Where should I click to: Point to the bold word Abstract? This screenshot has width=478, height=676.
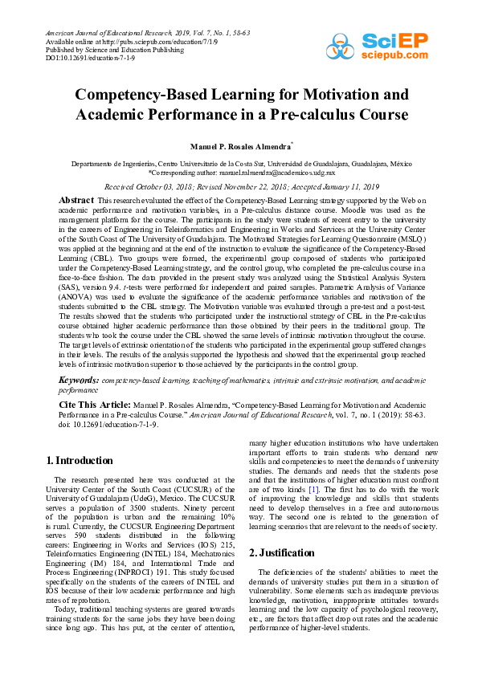77,199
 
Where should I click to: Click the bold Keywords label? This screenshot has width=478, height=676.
81,378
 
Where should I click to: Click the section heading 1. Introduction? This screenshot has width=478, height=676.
80,461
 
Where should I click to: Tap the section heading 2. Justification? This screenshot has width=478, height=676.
281,531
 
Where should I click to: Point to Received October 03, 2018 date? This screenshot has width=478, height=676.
152,185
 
